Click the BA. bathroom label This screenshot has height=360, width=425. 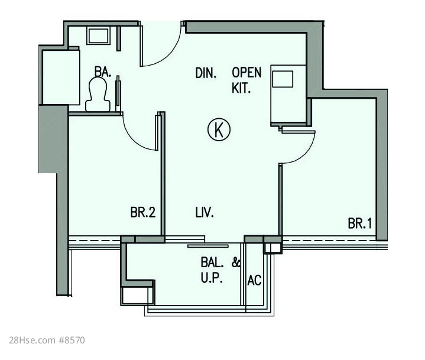[103, 72]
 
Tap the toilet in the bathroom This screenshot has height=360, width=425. [98, 95]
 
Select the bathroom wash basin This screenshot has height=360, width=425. [98, 36]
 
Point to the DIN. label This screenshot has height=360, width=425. [206, 73]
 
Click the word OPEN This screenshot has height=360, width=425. [246, 72]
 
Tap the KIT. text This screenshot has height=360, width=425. [241, 88]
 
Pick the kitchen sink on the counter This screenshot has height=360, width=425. [283, 79]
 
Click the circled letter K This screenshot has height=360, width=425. [219, 129]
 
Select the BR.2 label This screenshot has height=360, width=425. [143, 212]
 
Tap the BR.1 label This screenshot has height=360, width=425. [360, 223]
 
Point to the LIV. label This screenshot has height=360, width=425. [205, 212]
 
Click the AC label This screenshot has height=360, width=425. [254, 280]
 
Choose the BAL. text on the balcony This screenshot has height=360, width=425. [212, 262]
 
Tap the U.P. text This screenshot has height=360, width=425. [212, 278]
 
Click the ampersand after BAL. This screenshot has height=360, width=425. [236, 262]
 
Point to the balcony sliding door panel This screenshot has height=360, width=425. [208, 246]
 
